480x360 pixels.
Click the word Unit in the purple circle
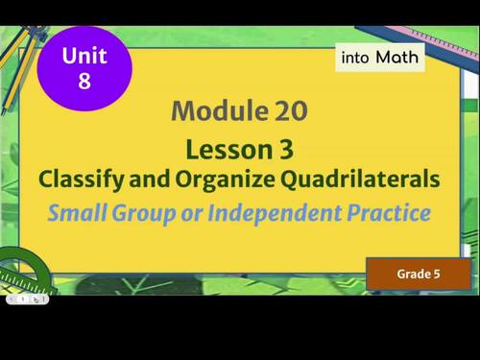pos(84,57)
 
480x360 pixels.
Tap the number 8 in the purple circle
pos(84,81)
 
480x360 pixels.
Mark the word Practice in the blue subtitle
pos(391,212)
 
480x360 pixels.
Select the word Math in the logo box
pos(397,58)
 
